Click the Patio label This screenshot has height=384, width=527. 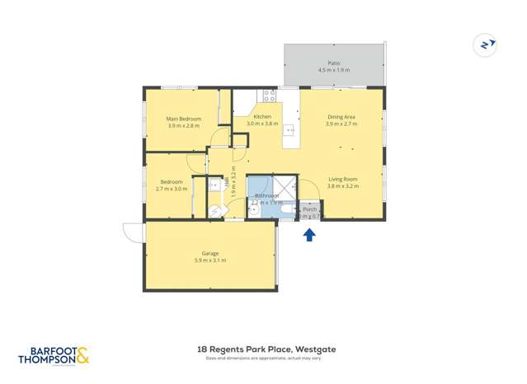coord(333,63)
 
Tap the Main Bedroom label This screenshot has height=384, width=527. coord(183,119)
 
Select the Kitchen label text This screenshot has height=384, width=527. coord(262,117)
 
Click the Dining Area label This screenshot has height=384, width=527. coord(341,117)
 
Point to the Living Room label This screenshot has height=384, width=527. coord(342,180)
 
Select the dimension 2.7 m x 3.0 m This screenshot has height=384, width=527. coord(172,189)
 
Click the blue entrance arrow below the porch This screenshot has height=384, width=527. coord(309,235)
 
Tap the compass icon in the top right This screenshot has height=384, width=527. coord(486,44)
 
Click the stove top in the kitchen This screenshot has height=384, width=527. coord(270,94)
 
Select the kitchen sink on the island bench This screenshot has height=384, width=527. coord(290,129)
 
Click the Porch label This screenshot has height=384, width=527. coord(309,210)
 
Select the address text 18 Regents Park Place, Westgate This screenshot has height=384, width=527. coord(266,349)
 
